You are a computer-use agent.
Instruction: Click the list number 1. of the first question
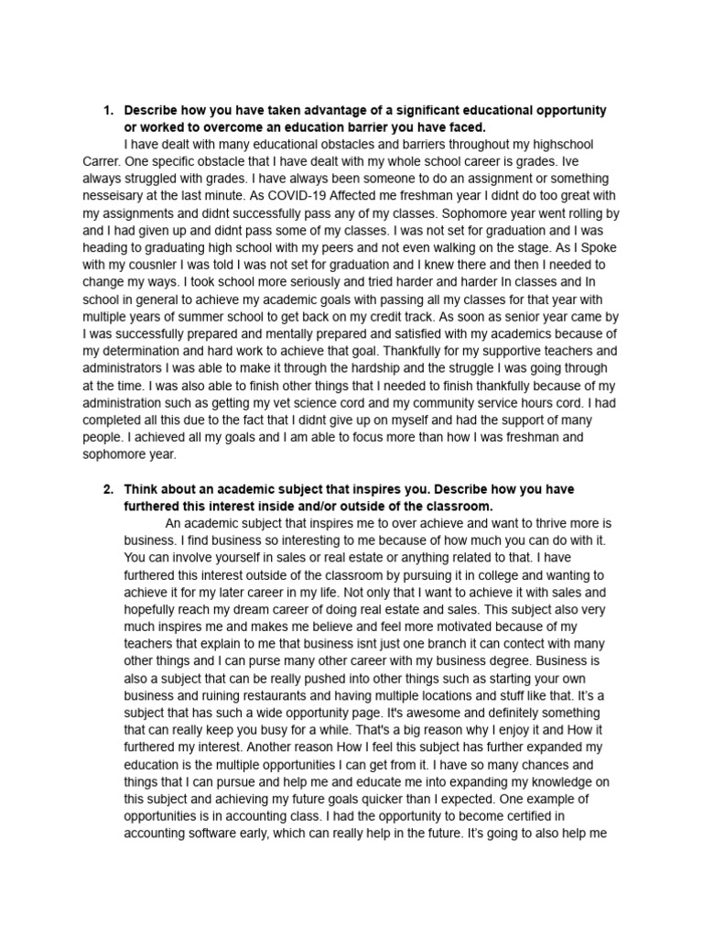[x=107, y=110]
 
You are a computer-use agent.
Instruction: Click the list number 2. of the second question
[x=107, y=489]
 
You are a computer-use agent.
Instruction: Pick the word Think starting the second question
[x=142, y=489]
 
